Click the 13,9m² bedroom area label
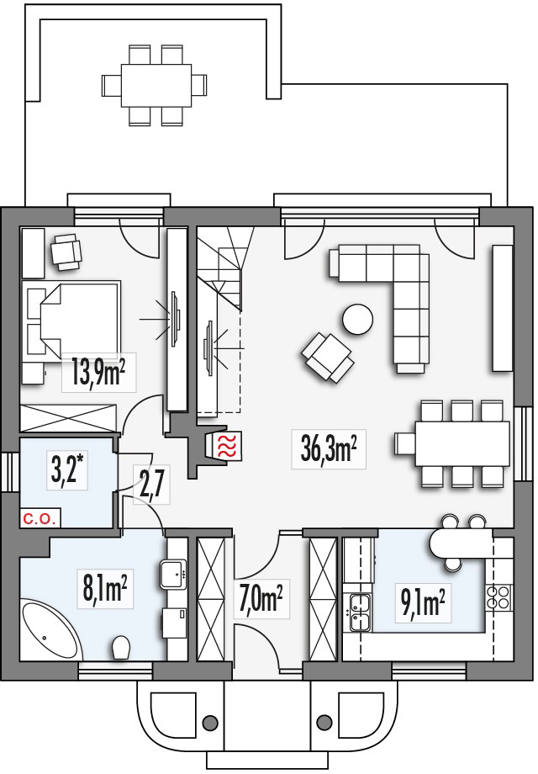click(x=98, y=373)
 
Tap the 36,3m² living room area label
click(x=329, y=448)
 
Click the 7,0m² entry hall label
click(x=261, y=598)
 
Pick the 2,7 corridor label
click(x=152, y=484)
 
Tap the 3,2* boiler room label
click(x=69, y=469)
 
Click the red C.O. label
click(x=40, y=519)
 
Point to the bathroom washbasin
click(x=173, y=574)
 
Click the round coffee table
click(x=357, y=320)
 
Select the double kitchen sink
click(x=360, y=612)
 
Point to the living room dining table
click(x=462, y=443)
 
